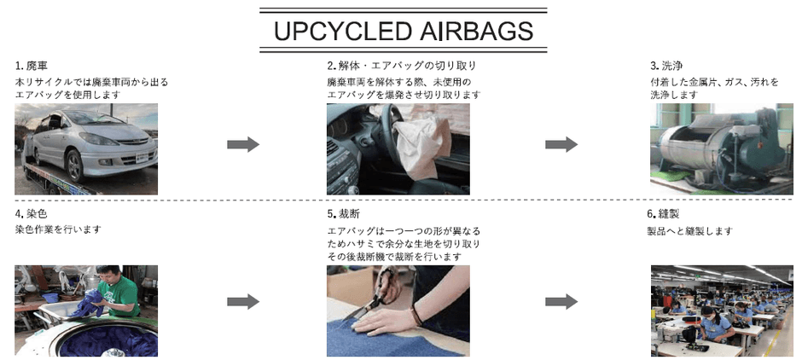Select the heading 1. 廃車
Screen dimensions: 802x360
pos(32,66)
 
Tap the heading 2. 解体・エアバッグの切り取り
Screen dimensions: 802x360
pos(402,66)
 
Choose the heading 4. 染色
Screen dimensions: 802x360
pos(32,213)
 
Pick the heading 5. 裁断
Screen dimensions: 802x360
pos(344,213)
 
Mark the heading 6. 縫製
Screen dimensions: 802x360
pos(664,213)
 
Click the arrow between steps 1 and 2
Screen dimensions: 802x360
pos(243,145)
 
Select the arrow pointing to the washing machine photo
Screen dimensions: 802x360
pos(561,145)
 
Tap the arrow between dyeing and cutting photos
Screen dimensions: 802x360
pos(243,302)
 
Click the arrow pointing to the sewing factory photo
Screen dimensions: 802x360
pos(561,302)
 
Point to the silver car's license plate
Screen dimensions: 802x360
pos(142,158)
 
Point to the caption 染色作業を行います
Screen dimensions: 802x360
pos(58,229)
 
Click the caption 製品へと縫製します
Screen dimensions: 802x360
pos(690,231)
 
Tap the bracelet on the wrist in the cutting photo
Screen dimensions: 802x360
pos(416,314)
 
